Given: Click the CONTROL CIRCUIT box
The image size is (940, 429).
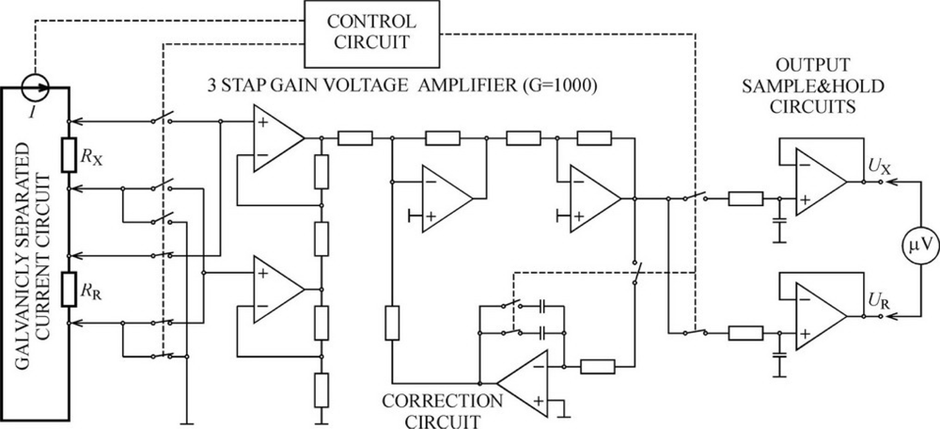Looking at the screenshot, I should (373, 31).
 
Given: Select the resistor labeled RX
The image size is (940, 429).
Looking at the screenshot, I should (69, 155).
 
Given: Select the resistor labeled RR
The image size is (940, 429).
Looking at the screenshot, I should (69, 289).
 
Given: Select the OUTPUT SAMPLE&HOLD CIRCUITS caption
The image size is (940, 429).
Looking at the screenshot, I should (816, 86).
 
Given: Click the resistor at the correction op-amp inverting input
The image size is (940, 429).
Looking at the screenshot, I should (597, 367).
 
